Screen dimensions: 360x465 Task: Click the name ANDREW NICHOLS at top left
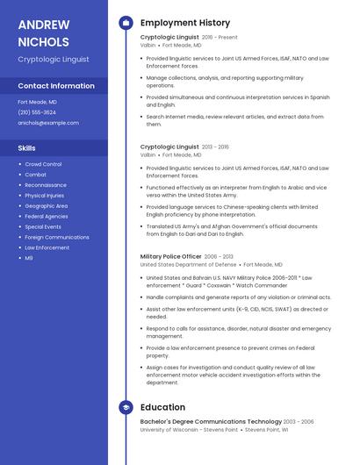[x=43, y=32]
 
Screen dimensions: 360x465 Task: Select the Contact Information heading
[x=56, y=86]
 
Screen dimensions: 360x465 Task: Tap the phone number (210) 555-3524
[x=37, y=112]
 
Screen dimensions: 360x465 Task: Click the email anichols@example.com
[x=48, y=123]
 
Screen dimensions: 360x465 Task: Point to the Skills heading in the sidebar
[x=27, y=148]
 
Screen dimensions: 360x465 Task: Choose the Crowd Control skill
[x=43, y=164]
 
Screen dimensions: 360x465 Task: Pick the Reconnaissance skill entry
[x=46, y=185]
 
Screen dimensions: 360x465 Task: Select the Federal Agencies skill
[x=47, y=216]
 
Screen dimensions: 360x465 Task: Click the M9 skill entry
[x=29, y=258]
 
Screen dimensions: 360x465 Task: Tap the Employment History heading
[x=185, y=23]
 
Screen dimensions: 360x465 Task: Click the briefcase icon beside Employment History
[x=126, y=23]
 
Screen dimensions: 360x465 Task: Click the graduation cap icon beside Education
[x=126, y=407]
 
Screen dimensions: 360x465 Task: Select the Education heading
[x=162, y=407]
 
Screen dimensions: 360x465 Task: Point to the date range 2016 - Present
[x=220, y=38]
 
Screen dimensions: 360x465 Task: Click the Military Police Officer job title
[x=170, y=256]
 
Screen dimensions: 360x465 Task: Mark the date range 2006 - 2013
[x=220, y=256]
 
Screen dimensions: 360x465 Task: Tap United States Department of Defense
[x=188, y=264]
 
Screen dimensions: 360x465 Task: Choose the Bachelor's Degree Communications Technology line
[x=211, y=422]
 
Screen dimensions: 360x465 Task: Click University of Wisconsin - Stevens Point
[x=189, y=430]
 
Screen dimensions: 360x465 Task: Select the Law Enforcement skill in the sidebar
[x=47, y=247]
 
